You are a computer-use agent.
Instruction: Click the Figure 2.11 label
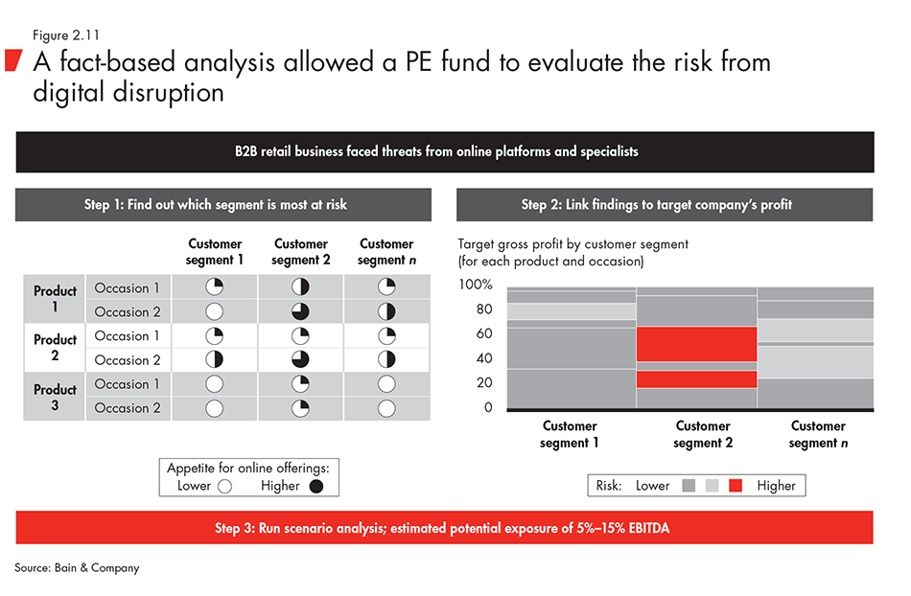click(65, 35)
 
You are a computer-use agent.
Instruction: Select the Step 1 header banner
click(222, 204)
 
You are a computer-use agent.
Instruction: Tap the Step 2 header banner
click(665, 204)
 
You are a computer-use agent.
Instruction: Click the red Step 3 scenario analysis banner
click(444, 527)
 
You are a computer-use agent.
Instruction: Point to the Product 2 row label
click(55, 348)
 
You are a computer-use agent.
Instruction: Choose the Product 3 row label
click(55, 397)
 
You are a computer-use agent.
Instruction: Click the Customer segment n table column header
click(386, 252)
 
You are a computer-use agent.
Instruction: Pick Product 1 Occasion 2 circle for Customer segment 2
click(300, 311)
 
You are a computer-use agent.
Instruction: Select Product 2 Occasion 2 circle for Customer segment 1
click(215, 359)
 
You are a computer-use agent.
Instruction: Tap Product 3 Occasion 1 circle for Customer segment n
click(386, 384)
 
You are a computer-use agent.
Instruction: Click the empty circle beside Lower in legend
click(225, 486)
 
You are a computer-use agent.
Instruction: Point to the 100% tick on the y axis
click(476, 286)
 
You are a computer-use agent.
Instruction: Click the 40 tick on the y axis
click(482, 359)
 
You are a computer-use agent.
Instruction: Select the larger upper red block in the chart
click(695, 344)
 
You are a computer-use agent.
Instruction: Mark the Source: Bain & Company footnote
click(77, 568)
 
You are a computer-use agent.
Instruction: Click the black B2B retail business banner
click(444, 151)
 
